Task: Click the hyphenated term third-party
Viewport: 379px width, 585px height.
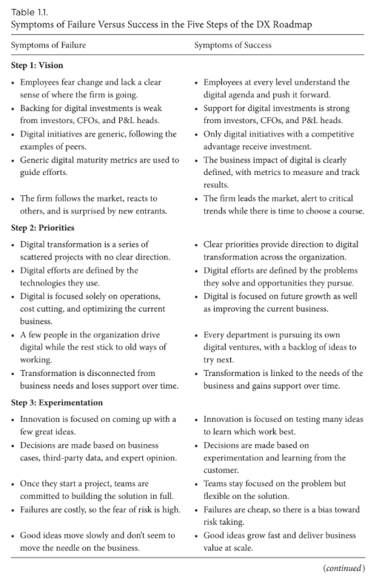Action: (x=64, y=457)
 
